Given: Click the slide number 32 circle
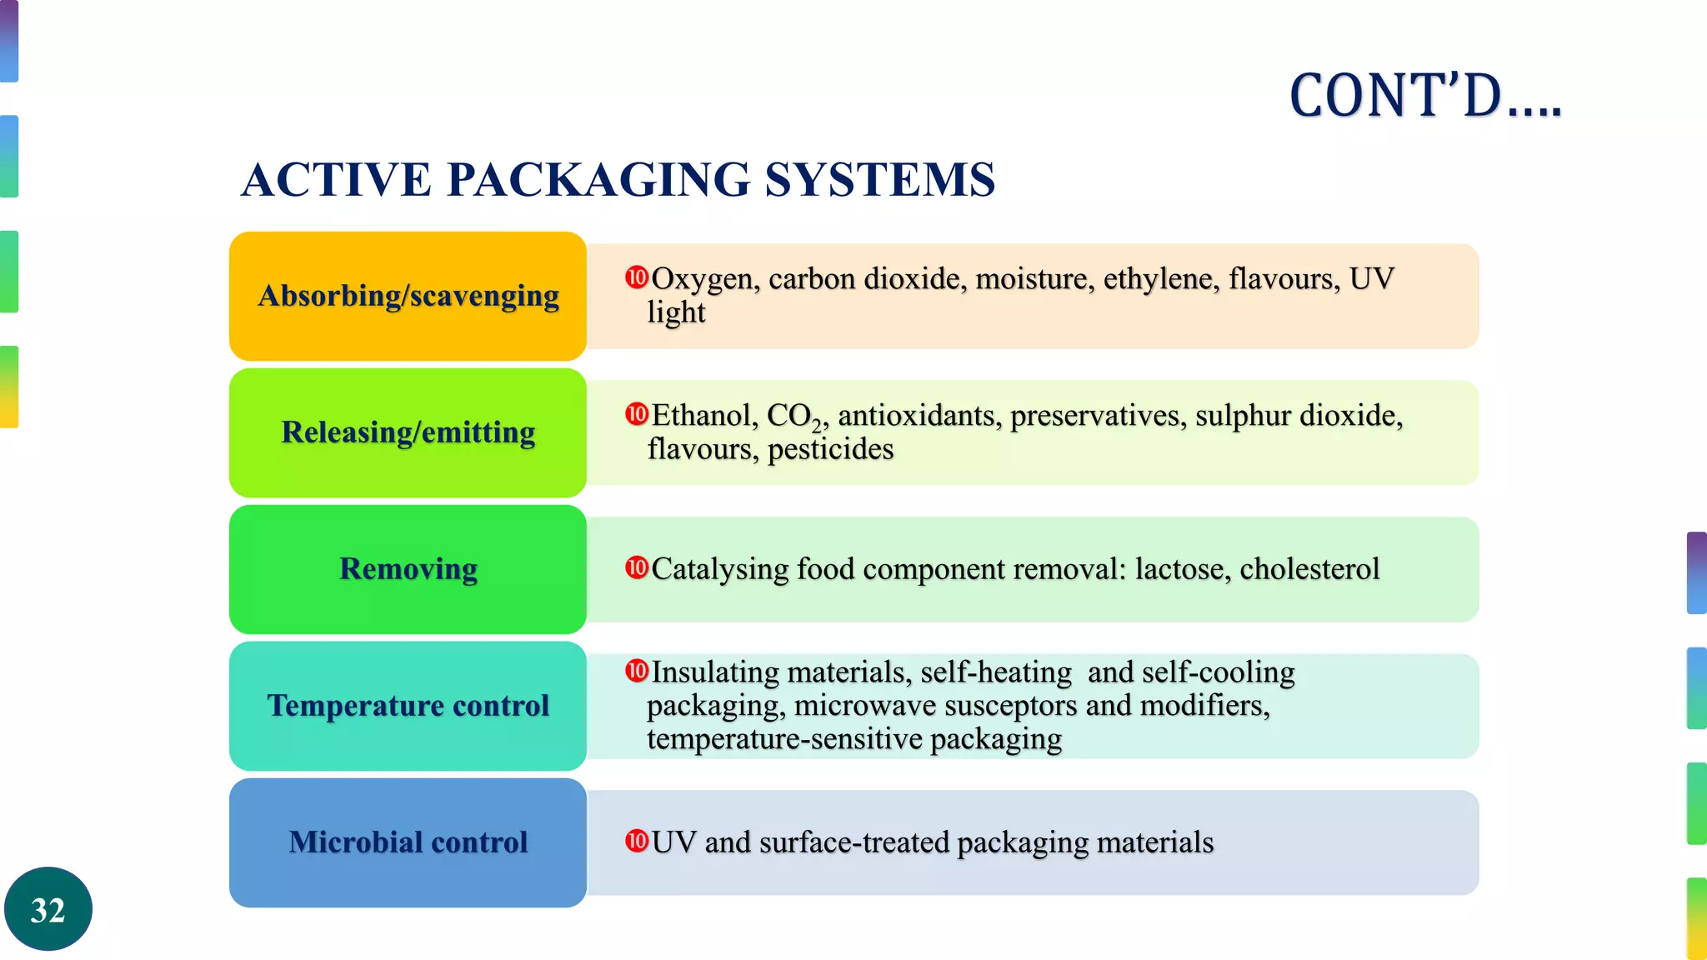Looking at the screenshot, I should [48, 909].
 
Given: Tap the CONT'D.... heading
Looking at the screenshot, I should [1424, 96].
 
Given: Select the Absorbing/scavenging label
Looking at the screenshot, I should [408, 296].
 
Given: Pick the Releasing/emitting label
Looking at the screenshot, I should [408, 432].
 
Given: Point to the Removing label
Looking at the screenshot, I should [408, 569].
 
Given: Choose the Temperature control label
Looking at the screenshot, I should [408, 706].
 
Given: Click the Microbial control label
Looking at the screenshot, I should [408, 842].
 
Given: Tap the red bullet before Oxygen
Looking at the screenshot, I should [637, 277].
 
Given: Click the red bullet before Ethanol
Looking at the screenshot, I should [637, 414].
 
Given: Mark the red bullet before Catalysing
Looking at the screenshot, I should [637, 568].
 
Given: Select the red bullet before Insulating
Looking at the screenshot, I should [637, 671].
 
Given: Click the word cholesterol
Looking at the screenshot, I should [1309, 569].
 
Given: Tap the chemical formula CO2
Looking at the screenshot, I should [794, 416].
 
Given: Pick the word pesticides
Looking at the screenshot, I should [830, 449].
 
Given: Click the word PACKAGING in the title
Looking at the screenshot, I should [598, 179].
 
